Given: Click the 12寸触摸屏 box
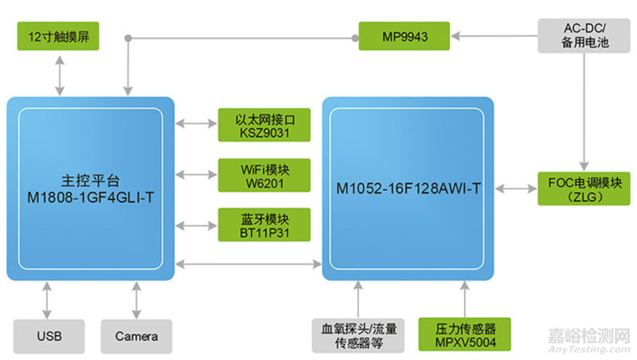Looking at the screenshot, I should click(x=58, y=37).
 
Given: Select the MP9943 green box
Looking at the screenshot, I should click(x=404, y=37).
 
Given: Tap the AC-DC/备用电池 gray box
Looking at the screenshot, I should click(x=585, y=35).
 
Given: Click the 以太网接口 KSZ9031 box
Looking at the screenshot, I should click(x=264, y=125).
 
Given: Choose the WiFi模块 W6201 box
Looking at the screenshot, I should click(x=264, y=175).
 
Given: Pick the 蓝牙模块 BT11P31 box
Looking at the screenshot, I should click(x=264, y=225).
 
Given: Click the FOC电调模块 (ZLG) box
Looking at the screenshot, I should click(x=584, y=189).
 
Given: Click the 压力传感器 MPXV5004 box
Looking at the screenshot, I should click(x=465, y=335).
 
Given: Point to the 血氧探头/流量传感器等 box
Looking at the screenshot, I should click(x=358, y=335).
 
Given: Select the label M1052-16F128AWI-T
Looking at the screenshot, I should click(x=408, y=189).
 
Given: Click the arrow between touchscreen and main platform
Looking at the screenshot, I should click(x=60, y=75).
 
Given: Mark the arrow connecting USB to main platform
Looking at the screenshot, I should click(x=47, y=300).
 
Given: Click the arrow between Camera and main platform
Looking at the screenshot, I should click(x=136, y=300).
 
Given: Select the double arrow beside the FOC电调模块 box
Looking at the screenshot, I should click(x=515, y=189).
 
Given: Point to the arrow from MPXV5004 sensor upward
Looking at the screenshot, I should click(x=465, y=299).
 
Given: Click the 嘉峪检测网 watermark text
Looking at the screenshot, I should click(x=589, y=336).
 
